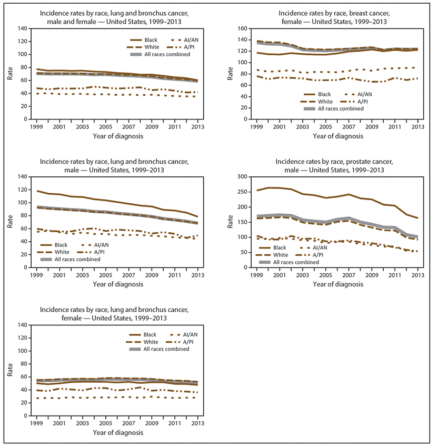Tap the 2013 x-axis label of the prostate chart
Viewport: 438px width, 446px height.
(417, 276)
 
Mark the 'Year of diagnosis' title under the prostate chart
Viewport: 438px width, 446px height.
(337, 284)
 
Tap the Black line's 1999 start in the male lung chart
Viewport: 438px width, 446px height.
(37, 191)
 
